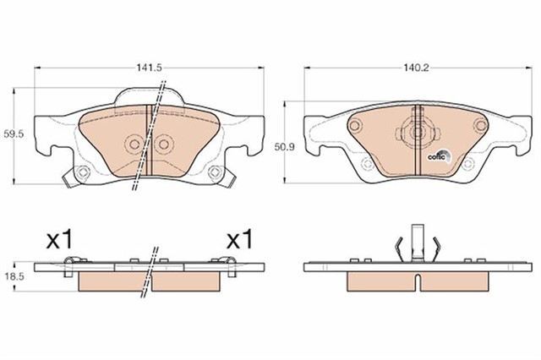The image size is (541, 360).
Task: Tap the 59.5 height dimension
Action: click(12, 133)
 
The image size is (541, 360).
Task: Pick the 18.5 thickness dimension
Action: click(12, 276)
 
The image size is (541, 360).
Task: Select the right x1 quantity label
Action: click(240, 240)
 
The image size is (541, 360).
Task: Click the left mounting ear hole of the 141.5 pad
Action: click(83, 175)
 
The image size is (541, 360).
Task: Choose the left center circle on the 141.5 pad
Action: click(132, 145)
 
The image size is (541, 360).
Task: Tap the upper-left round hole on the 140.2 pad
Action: click(356, 126)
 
